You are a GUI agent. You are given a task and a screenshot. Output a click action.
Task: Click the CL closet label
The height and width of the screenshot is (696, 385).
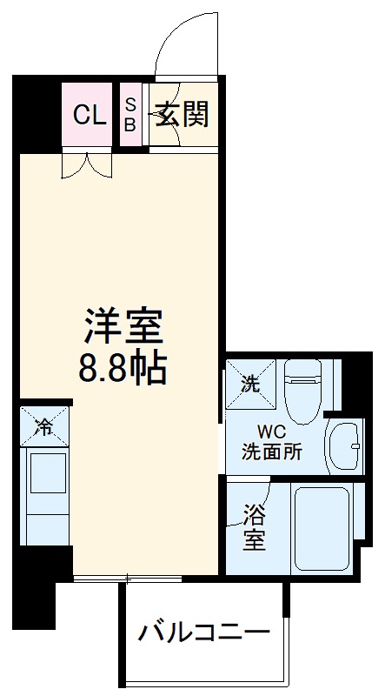click(89, 115)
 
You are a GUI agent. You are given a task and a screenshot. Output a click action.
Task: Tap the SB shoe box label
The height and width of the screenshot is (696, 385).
click(129, 114)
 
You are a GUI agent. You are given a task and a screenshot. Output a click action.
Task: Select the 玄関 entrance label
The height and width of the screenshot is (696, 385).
click(182, 114)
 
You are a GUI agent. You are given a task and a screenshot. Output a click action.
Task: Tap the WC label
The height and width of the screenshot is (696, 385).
click(269, 431)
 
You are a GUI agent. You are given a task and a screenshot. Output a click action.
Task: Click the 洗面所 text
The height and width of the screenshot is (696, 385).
click(271, 452)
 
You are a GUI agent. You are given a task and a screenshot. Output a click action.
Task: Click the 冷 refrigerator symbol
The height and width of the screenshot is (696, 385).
click(43, 425)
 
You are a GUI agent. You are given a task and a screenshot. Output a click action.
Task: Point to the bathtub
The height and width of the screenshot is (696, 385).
click(321, 526)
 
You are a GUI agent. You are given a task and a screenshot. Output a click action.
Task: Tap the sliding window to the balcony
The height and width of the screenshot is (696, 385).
click(128, 578)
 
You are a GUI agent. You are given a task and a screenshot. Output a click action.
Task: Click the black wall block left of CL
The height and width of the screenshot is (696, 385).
click(37, 114)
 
